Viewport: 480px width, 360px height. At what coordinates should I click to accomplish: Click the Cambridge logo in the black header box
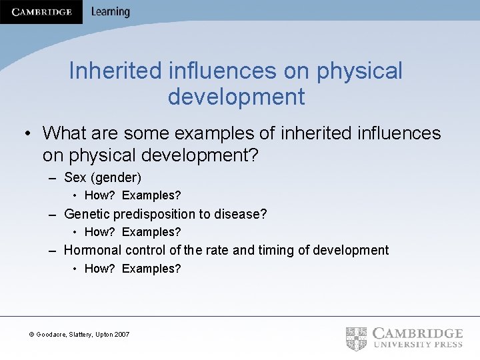pos(41,12)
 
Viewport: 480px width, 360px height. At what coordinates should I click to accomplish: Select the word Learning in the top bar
pos(111,11)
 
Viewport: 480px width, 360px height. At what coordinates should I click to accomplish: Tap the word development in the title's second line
pos(236,97)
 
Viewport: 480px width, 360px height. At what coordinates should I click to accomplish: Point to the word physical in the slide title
pos(360,71)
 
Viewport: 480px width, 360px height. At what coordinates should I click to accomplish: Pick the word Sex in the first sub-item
pos(75,177)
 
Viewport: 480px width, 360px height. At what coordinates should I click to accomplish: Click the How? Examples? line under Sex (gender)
pos(133,196)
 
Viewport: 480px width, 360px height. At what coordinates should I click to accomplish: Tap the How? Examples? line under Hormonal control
pos(133,269)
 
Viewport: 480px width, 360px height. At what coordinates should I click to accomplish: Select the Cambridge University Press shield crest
pos(356,339)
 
